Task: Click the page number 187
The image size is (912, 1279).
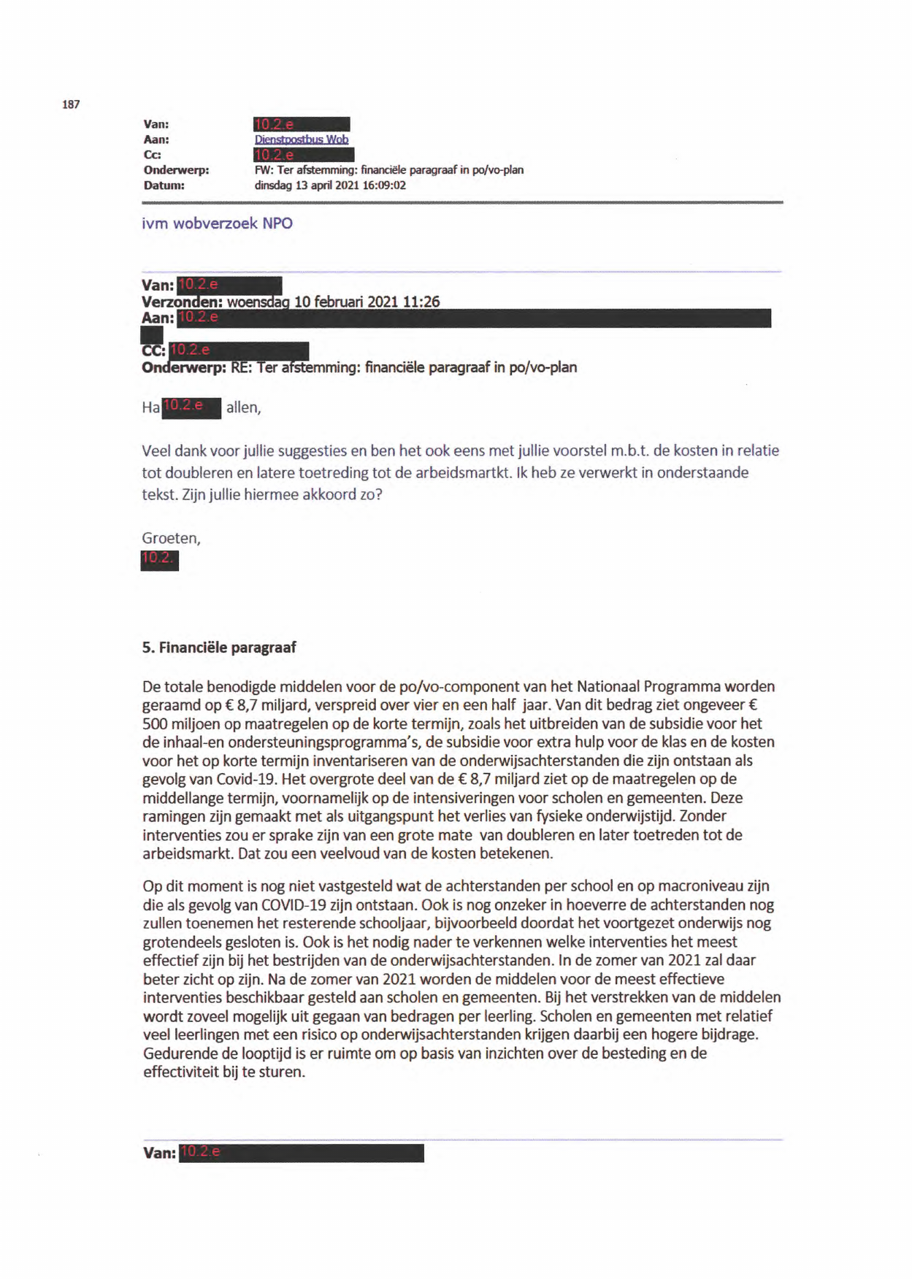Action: tap(71, 104)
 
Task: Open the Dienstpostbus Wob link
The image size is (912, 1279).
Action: tap(301, 139)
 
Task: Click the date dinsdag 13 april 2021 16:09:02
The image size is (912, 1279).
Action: tap(330, 185)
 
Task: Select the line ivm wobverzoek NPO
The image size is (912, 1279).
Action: tap(217, 223)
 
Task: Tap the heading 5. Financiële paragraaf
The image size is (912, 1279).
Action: tap(219, 648)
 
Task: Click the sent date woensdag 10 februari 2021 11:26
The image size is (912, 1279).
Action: tap(333, 301)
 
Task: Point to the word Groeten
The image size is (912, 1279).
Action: tap(170, 538)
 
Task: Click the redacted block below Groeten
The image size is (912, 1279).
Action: tap(159, 560)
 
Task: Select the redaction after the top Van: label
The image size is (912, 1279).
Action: tap(302, 124)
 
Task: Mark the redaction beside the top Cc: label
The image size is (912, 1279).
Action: tap(304, 155)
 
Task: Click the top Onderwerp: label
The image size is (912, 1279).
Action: tap(176, 170)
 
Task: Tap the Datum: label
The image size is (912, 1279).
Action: tap(164, 185)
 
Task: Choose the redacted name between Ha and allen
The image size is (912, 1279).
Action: tap(191, 407)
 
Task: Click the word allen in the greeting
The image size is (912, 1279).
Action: tap(243, 407)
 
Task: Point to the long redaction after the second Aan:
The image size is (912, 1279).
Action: tap(475, 318)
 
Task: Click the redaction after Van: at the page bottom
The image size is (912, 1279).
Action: tap(301, 1153)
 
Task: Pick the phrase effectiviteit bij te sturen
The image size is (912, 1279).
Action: tap(224, 1072)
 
